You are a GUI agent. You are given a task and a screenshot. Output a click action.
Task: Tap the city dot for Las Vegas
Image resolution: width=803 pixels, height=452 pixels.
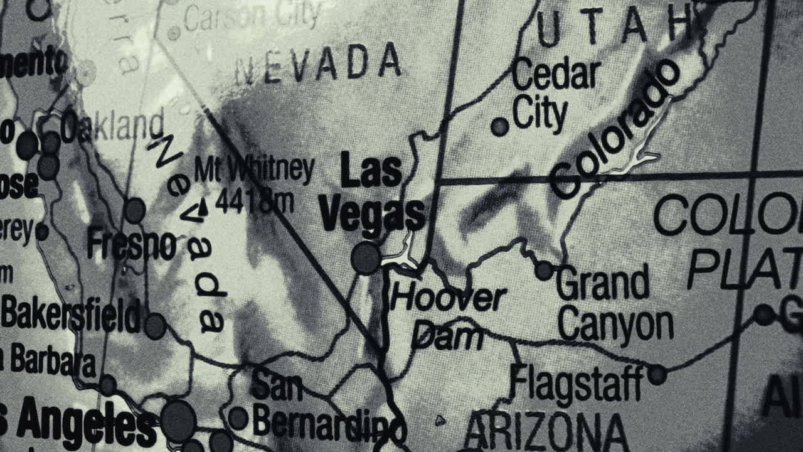click(x=366, y=258)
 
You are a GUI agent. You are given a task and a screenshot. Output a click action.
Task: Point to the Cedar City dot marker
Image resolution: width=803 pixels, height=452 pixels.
click(x=499, y=127)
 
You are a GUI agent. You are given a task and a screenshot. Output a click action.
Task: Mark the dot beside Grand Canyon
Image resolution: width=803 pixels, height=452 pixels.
click(x=544, y=271)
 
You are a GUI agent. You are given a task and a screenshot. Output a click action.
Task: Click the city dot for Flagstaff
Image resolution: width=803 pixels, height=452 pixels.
click(x=657, y=375)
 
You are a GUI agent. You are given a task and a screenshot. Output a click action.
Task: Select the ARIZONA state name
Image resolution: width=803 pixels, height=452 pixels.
click(x=546, y=433)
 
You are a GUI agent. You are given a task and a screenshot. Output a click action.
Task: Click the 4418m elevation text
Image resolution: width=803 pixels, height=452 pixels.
click(x=254, y=201)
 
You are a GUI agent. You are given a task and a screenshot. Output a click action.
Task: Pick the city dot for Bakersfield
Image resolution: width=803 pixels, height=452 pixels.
click(x=155, y=326)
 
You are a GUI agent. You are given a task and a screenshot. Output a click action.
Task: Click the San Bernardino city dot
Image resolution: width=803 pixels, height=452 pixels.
click(x=238, y=418)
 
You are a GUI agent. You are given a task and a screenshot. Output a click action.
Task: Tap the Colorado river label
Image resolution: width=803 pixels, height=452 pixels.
click(x=615, y=129)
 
